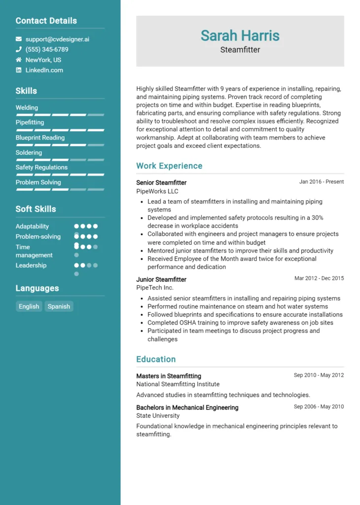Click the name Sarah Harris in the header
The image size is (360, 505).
[240, 36]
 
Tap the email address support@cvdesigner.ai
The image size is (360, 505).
[57, 39]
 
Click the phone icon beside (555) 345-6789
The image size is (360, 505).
[19, 49]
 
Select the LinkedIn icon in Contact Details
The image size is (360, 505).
[19, 70]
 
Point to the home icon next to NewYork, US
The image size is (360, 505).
[19, 60]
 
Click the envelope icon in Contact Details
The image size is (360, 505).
[19, 39]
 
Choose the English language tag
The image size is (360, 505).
[29, 306]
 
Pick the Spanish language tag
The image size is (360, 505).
[59, 306]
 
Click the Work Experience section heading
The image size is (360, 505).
[169, 166]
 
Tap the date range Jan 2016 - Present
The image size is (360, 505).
[321, 182]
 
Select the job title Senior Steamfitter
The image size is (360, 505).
[161, 182]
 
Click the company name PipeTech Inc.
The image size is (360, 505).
[155, 288]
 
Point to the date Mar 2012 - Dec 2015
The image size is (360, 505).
[319, 279]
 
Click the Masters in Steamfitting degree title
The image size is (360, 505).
[169, 376]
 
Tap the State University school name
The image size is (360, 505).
[158, 416]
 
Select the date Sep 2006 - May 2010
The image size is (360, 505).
[319, 407]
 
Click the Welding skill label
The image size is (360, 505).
[27, 108]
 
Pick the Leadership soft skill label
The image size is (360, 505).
[31, 265]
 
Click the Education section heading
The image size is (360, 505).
[156, 359]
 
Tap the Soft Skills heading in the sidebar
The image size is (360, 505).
[36, 209]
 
